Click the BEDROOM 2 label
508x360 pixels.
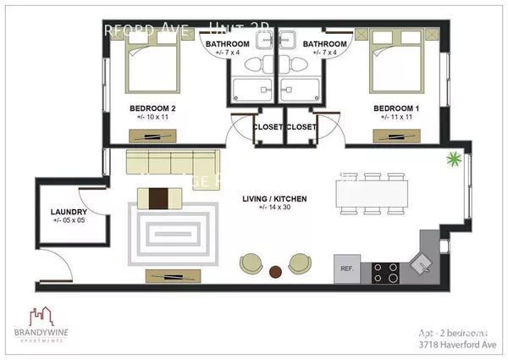tap(152, 108)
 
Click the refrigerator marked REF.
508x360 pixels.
tap(346, 269)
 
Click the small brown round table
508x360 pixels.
tap(274, 273)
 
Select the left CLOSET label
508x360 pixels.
tap(268, 127)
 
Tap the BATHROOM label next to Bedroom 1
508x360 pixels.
tap(325, 44)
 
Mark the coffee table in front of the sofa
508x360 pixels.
tap(160, 198)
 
